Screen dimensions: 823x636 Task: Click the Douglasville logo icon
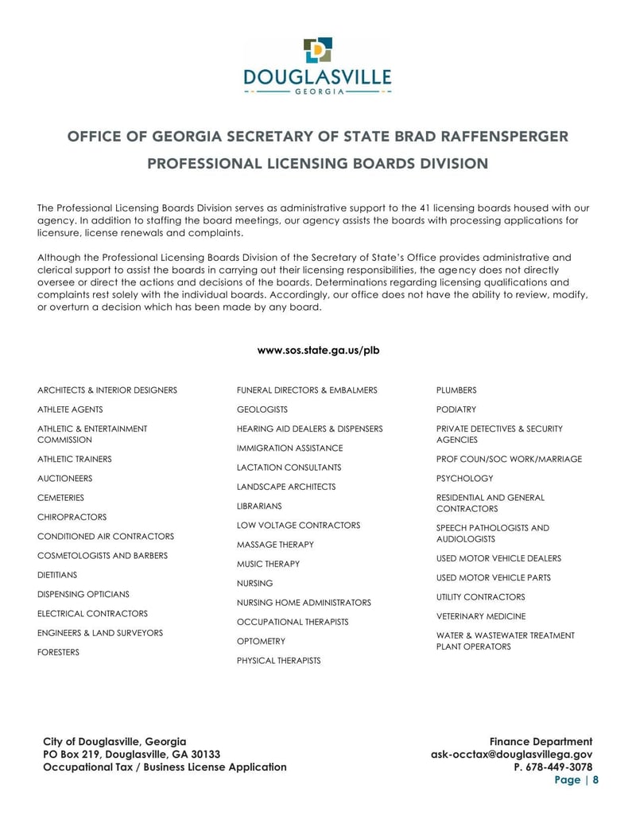pos(318,50)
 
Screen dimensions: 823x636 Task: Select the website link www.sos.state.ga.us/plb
pos(318,350)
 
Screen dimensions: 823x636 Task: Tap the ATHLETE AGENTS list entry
pos(70,410)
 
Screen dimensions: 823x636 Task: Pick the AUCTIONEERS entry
pos(64,479)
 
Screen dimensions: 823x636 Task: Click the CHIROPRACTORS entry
pos(72,517)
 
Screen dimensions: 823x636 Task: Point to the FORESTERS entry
pos(58,652)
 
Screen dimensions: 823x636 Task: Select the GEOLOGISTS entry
pos(262,410)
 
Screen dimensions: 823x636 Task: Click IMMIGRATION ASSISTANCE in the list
pos(289,448)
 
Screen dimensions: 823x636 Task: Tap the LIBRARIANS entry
pos(259,506)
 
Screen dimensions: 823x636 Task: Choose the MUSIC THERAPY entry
pos(268,564)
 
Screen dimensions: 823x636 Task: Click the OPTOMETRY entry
pos(261,641)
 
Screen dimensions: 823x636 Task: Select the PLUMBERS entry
pos(456,390)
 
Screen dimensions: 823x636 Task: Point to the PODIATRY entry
pos(456,410)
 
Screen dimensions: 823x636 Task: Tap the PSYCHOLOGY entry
pos(464,479)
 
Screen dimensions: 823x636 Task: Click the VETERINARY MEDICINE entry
pos(480,616)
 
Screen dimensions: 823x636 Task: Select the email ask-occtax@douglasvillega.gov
pos(511,755)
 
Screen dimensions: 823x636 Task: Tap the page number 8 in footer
pos(595,780)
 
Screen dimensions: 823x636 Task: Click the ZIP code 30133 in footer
pos(204,755)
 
